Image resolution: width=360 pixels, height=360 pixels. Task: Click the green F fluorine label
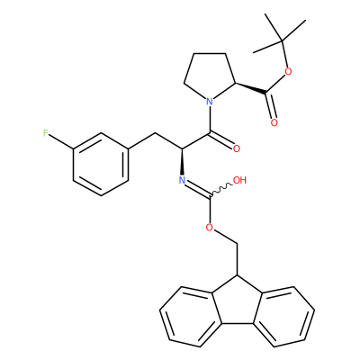45,133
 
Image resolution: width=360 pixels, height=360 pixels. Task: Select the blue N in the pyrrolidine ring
210,101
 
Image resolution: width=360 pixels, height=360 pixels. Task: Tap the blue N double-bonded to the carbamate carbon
182,180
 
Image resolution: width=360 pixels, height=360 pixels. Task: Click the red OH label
239,180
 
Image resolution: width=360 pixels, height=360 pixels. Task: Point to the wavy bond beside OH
220,190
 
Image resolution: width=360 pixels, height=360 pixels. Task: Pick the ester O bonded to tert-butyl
288,71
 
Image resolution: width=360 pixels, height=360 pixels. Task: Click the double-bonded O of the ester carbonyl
274,122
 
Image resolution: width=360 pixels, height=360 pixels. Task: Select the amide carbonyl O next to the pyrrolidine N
237,148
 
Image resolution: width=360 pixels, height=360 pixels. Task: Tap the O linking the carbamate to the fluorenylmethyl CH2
210,228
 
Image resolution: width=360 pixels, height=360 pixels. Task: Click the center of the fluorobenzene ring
101,165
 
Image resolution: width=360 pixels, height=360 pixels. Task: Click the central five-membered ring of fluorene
238,303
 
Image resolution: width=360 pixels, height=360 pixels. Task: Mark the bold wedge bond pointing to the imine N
182,161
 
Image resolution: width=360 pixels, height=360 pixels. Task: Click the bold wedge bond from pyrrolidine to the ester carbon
251,88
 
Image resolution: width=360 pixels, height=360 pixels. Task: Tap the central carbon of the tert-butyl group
282,40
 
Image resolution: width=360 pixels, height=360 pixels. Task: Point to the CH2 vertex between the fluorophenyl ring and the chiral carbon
156,133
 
